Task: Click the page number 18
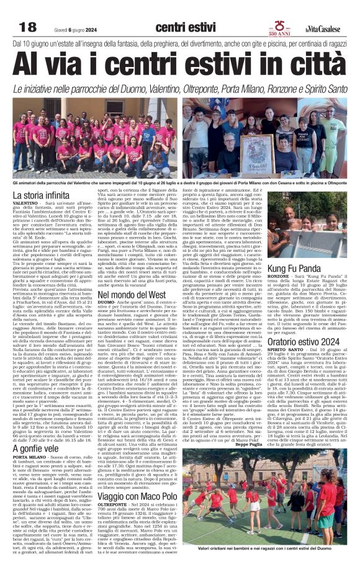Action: pyautogui.click(x=28, y=27)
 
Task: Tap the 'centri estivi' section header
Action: pyautogui.click(x=181, y=27)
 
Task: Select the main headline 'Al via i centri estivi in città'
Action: pyautogui.click(x=180, y=63)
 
